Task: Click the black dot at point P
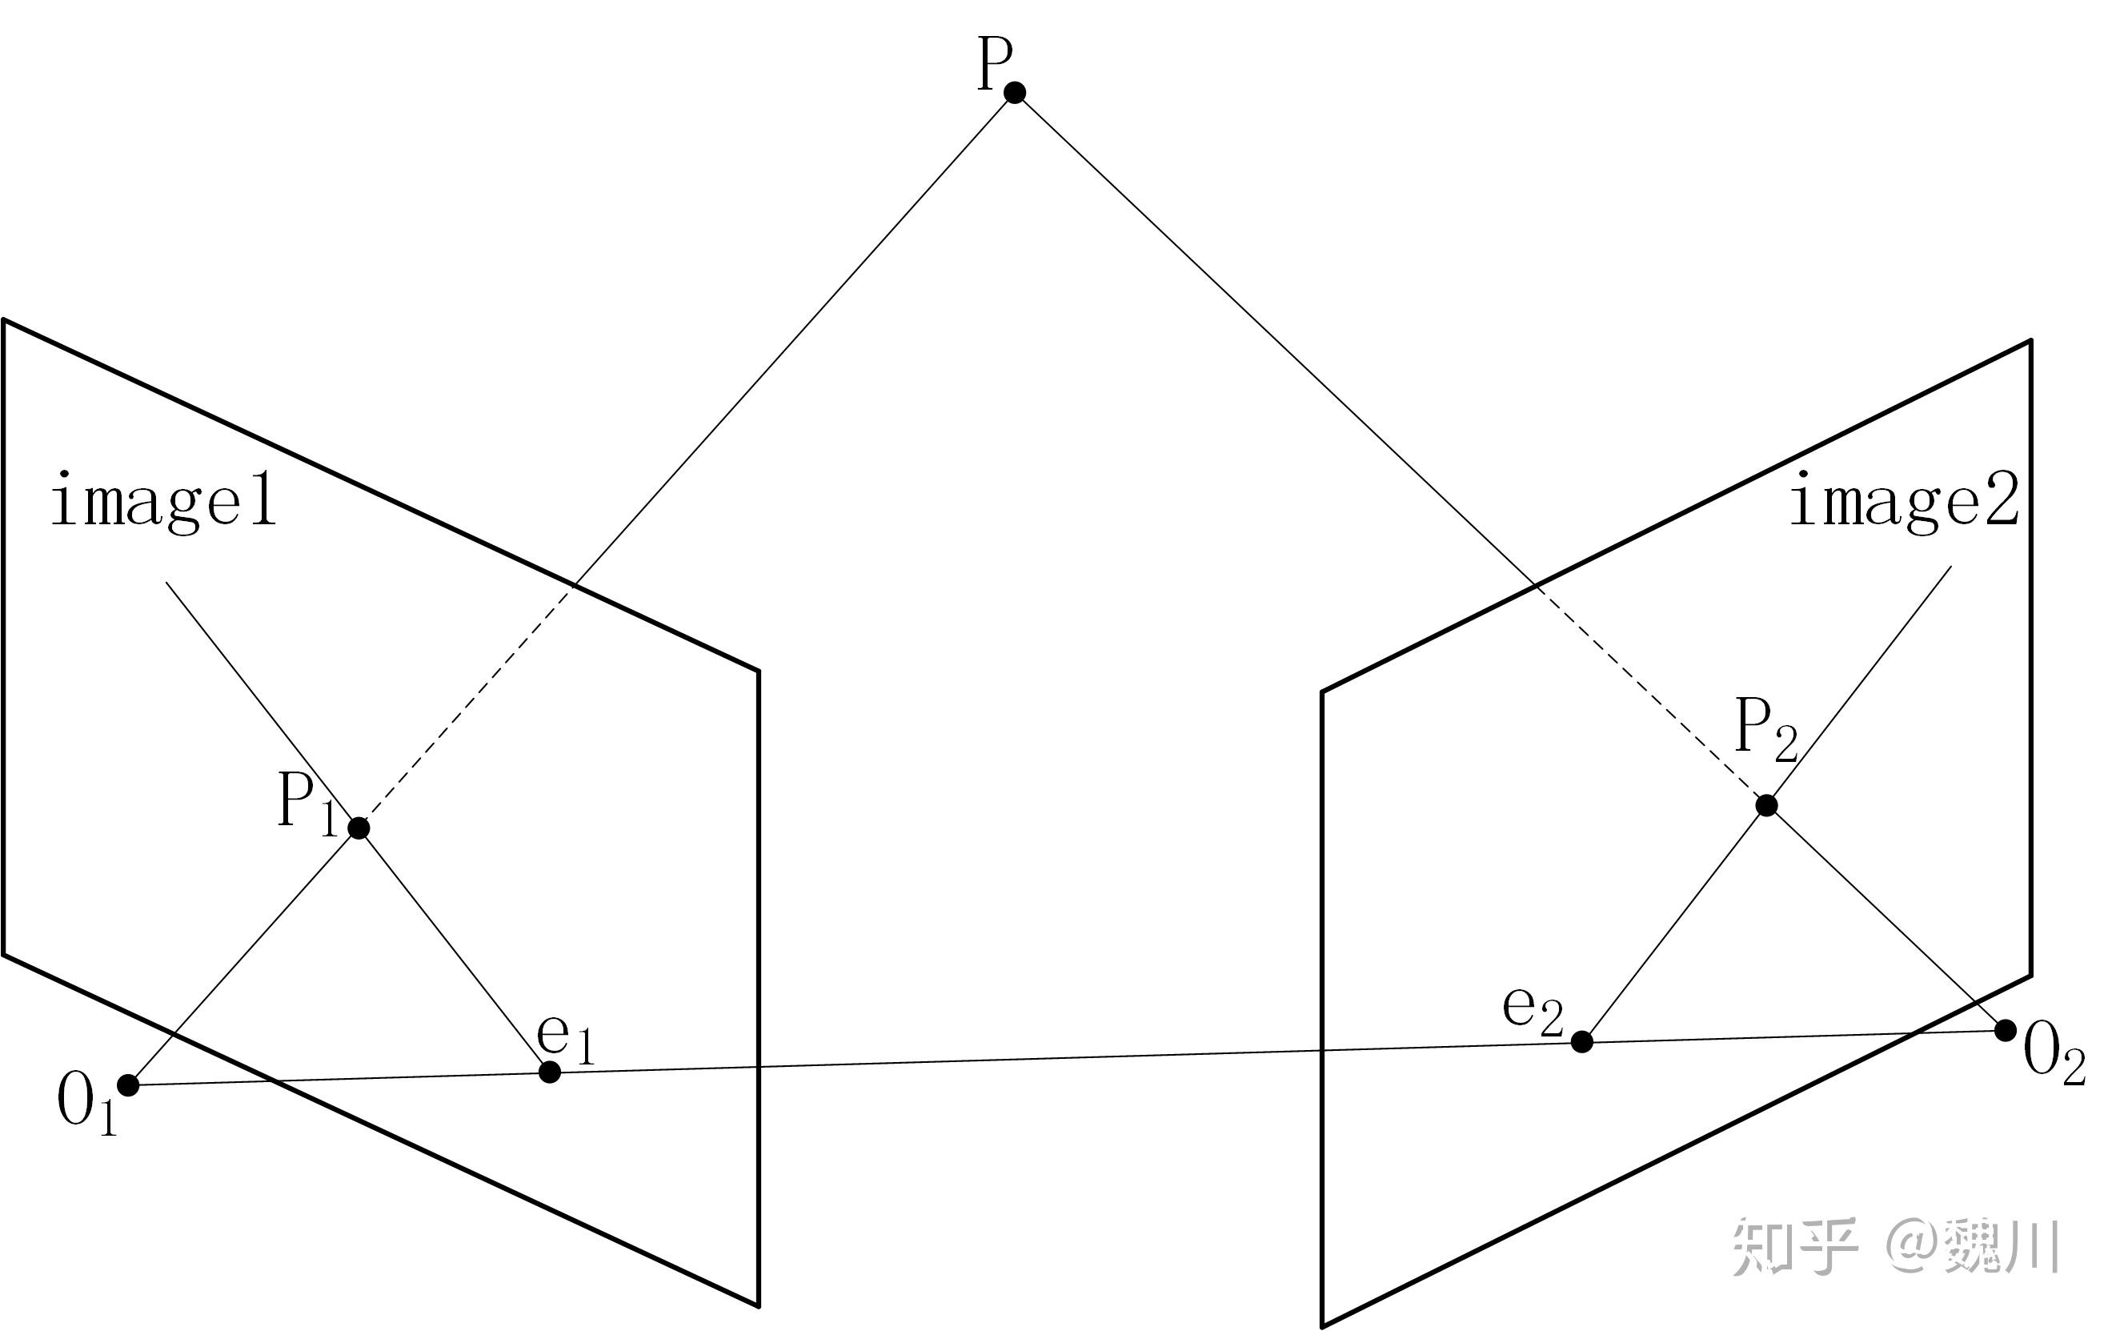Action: coord(1015,92)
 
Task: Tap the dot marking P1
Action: coord(359,828)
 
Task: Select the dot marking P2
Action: coord(1766,804)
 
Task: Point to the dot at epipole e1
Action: coord(549,1072)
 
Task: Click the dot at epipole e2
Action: coord(1581,1041)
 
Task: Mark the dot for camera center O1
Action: coord(128,1085)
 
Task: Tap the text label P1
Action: coord(305,803)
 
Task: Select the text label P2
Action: coord(1765,729)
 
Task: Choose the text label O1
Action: coord(86,1105)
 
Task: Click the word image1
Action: coord(163,501)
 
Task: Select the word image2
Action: coord(1904,501)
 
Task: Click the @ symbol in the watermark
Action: coord(1914,1246)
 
